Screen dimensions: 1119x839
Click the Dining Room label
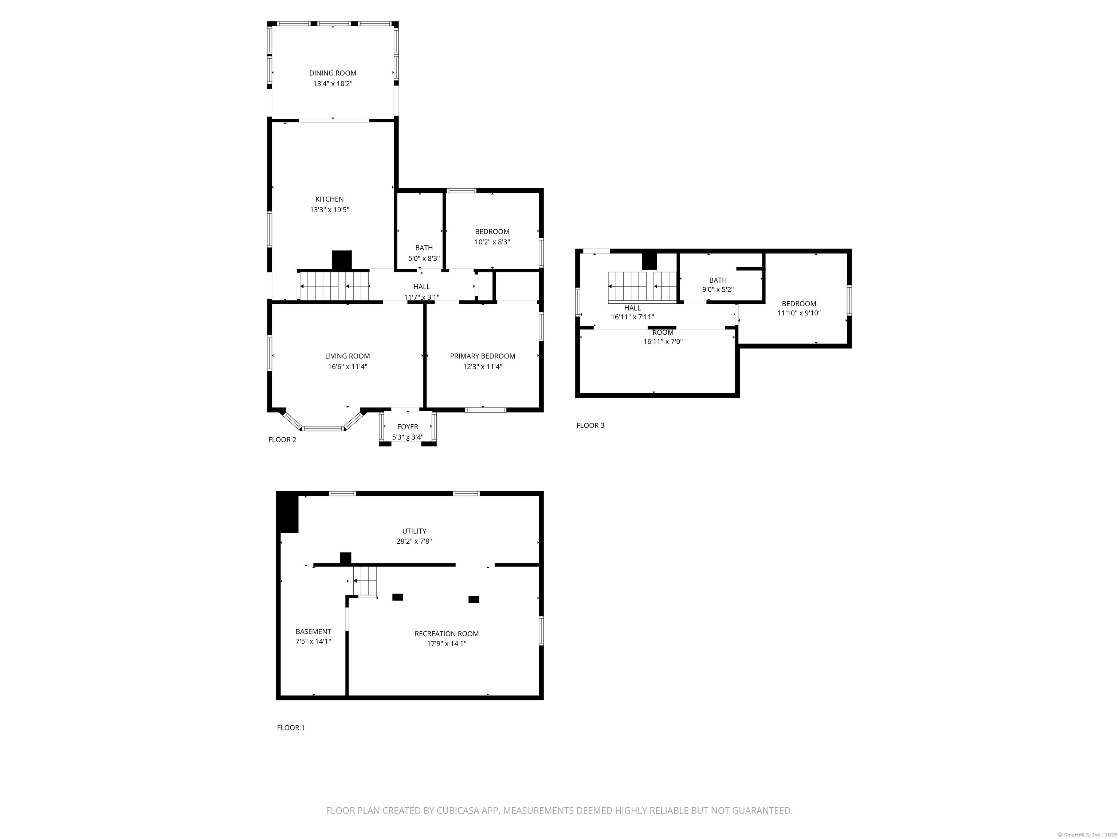[x=333, y=73]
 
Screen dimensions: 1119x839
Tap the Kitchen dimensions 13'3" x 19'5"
[x=330, y=210]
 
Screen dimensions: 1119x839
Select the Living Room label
[x=348, y=356]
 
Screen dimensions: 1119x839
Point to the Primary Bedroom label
[x=483, y=356]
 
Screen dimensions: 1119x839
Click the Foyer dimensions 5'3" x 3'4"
[x=408, y=437]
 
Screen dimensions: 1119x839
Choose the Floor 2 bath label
[x=424, y=248]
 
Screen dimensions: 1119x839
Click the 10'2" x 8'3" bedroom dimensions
[x=492, y=242]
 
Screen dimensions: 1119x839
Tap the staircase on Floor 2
[x=334, y=286]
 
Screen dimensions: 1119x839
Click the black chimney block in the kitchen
[x=341, y=260]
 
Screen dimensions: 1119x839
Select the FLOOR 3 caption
[x=590, y=425]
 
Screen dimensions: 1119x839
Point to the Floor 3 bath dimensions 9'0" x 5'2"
[x=718, y=290]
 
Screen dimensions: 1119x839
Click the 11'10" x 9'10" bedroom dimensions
[x=799, y=313]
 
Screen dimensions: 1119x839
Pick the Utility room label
[x=414, y=531]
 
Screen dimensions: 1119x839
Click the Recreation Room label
[x=447, y=634]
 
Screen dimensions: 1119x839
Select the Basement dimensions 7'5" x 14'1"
[x=314, y=641]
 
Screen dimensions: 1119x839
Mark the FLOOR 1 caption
[x=291, y=728]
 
